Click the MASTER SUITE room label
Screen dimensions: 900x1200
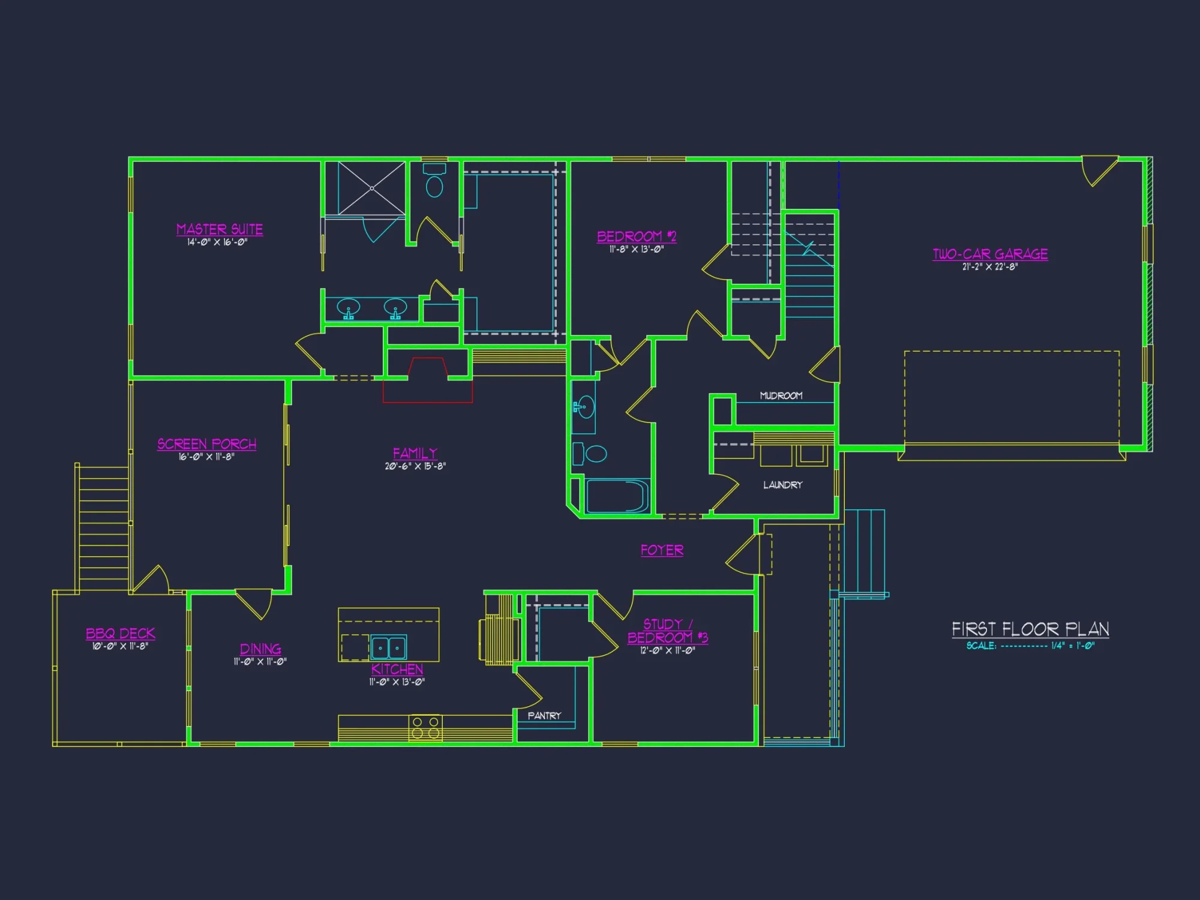click(x=220, y=229)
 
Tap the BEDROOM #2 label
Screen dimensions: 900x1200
click(x=637, y=236)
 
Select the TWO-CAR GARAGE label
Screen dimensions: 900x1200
click(x=990, y=254)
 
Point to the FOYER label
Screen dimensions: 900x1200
click(x=662, y=550)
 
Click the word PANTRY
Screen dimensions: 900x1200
click(x=544, y=715)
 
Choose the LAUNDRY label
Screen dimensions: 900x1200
click(x=782, y=485)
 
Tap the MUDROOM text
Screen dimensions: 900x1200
click(x=781, y=395)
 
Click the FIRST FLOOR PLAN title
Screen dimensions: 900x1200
click(x=1030, y=629)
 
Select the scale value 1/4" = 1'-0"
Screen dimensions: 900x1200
click(x=1073, y=646)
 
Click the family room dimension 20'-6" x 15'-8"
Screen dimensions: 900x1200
click(x=415, y=466)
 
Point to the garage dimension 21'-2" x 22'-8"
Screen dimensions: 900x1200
click(x=990, y=267)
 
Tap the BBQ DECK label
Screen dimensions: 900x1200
click(x=121, y=634)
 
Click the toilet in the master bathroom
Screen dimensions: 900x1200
click(x=434, y=183)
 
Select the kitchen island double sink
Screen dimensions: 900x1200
click(x=388, y=647)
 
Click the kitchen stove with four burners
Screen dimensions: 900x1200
click(x=425, y=727)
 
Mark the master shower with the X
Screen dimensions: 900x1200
click(x=372, y=188)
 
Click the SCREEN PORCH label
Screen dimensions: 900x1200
click(x=206, y=444)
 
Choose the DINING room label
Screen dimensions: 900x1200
click(x=260, y=649)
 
